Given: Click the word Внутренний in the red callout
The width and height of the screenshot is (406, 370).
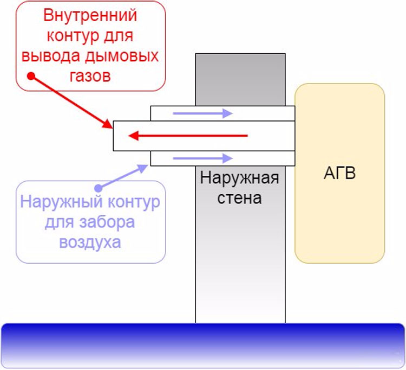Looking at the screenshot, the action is point(90,15).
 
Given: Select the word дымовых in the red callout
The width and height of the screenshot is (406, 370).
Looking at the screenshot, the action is point(122,56).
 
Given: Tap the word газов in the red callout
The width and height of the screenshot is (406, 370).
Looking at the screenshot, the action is point(90,76).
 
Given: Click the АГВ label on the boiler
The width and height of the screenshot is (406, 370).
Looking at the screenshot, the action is point(339,173).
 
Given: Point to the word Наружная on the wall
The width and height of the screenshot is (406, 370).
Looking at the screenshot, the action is point(239,178).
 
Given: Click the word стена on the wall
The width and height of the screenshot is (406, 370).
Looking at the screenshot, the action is point(239,198).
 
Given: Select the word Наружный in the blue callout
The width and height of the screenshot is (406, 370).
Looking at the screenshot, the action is point(61,202).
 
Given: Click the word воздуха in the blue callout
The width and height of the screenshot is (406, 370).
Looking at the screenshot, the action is point(90,243).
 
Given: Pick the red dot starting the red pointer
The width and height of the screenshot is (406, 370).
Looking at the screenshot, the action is point(31,76).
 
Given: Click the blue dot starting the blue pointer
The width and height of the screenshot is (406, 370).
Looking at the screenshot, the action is point(98,188).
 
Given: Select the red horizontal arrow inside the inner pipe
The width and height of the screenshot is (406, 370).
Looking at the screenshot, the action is point(188,136).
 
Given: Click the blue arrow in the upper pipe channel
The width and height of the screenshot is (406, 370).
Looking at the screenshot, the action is point(203,113).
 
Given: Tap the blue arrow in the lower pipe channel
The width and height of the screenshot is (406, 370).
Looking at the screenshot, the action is point(203,158).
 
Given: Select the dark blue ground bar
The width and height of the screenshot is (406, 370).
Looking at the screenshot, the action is point(203,346).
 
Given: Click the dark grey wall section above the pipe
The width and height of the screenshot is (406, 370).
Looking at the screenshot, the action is point(240,80).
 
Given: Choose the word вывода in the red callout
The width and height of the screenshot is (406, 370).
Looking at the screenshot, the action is point(51,56).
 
